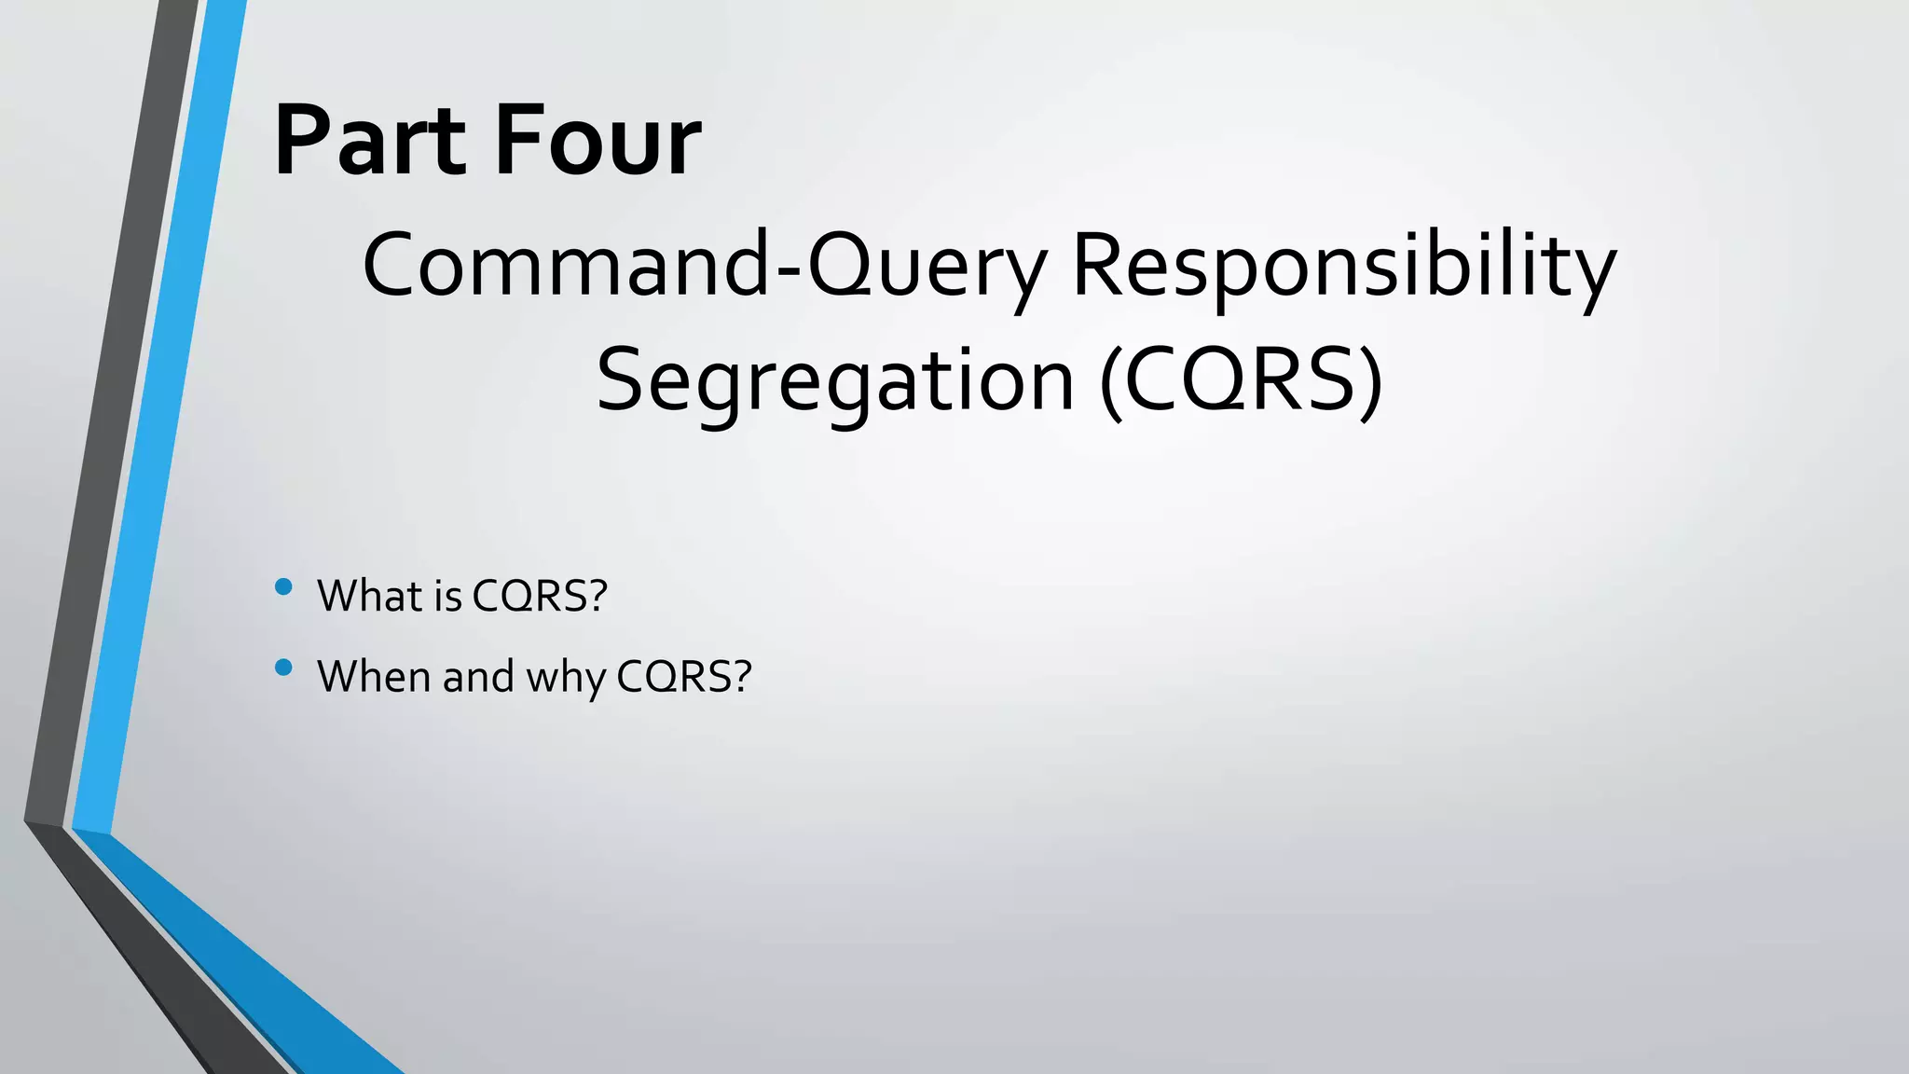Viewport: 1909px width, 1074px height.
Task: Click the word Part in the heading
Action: click(x=369, y=142)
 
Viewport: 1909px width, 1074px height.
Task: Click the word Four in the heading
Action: click(x=597, y=142)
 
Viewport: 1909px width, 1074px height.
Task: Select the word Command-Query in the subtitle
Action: click(x=704, y=266)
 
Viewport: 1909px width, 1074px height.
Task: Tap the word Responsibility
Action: click(x=1343, y=266)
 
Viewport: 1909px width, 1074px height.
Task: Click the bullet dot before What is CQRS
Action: click(x=284, y=586)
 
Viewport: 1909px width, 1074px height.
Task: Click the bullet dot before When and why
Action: click(x=284, y=668)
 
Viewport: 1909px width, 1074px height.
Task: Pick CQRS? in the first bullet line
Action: click(x=540, y=596)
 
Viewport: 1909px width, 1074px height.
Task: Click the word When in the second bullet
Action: click(x=376, y=677)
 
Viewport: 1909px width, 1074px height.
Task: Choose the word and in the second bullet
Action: click(x=478, y=677)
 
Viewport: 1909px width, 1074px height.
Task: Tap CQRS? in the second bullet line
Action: click(x=683, y=677)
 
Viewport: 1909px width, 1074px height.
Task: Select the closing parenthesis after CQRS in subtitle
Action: click(x=1370, y=381)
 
